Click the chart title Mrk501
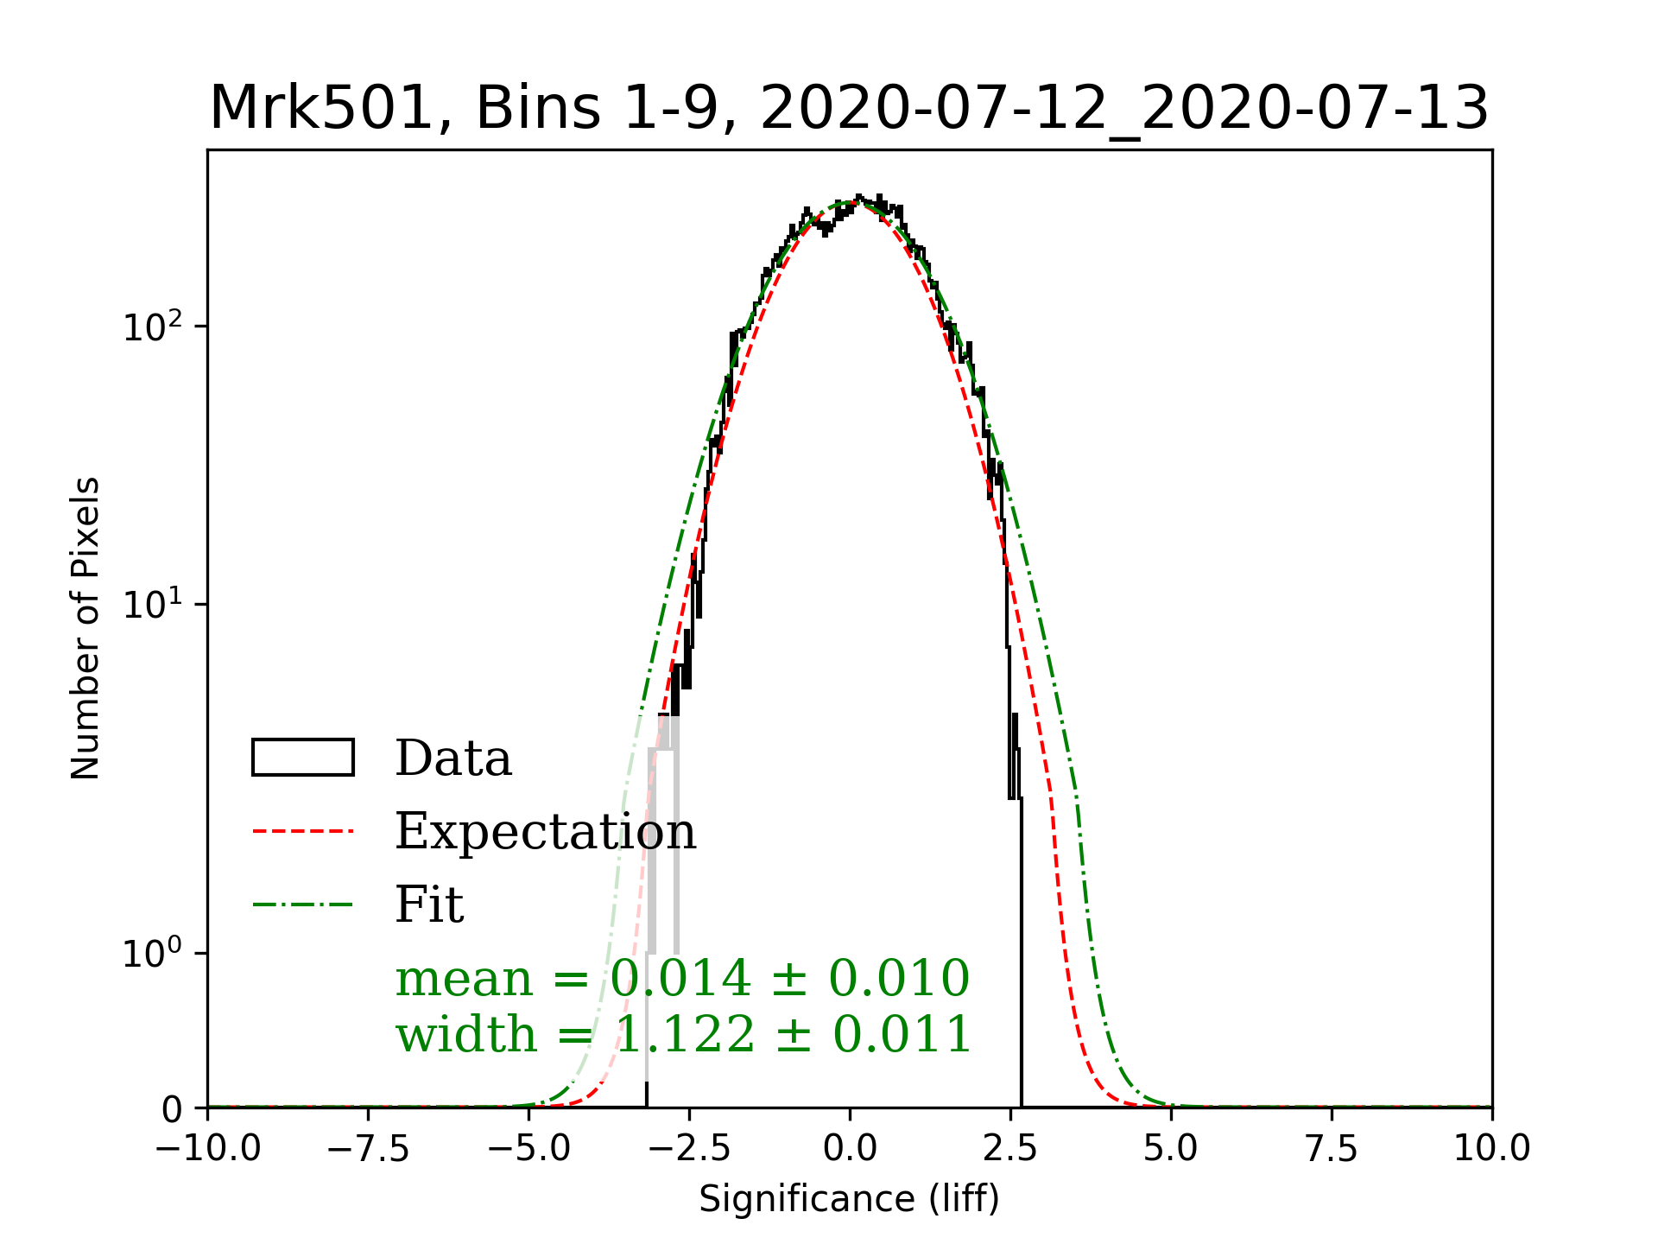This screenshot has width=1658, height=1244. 849,109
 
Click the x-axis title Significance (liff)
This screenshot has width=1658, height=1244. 849,1199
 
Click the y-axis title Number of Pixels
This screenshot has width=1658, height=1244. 85,628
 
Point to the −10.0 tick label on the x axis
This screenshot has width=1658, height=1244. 207,1149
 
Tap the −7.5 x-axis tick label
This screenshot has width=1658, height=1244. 368,1149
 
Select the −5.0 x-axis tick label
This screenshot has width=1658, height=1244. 528,1149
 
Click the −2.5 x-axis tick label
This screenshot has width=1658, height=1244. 689,1149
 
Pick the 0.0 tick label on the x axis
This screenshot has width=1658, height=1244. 850,1149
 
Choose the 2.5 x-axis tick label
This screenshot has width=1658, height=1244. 1010,1149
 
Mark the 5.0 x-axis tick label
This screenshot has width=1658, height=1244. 1171,1149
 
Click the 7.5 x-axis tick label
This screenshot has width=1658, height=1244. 1332,1149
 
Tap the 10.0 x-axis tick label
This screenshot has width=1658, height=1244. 1492,1149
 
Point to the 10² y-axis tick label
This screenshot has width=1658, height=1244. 153,327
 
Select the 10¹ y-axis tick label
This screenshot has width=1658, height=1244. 153,605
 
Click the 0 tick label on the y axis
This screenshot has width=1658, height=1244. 173,1109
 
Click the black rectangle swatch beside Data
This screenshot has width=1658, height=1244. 302,758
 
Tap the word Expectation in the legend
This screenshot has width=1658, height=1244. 545,831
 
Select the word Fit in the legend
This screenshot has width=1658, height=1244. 429,904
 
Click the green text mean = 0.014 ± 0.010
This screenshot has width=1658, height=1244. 682,979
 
